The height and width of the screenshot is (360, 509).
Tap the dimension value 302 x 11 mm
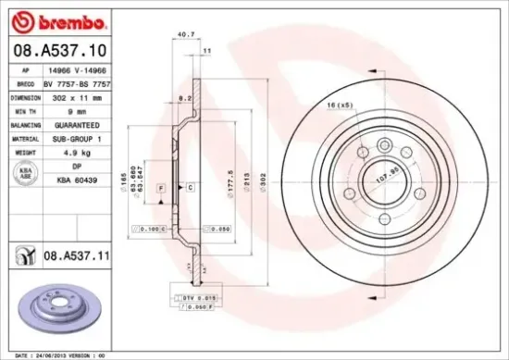[75, 97]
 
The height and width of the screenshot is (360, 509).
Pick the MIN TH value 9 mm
[75, 111]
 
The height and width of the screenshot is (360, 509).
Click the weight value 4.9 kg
[75, 152]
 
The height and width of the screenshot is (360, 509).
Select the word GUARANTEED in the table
[75, 124]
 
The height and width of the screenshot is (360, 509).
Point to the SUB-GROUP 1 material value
[75, 138]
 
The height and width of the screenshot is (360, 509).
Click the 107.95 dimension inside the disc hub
[385, 171]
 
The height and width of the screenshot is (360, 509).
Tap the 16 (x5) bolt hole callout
[341, 106]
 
